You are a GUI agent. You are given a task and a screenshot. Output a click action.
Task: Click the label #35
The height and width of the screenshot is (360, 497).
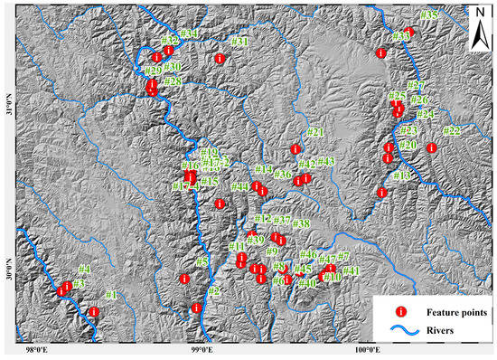point(428,15)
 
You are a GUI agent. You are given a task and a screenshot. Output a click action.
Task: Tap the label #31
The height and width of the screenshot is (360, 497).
point(239,43)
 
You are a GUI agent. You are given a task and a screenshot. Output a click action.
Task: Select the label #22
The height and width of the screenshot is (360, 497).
point(451,131)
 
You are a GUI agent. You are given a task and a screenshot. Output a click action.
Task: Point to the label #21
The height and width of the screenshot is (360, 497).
point(315,133)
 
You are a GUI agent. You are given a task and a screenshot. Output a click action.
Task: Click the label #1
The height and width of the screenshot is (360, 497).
point(111,295)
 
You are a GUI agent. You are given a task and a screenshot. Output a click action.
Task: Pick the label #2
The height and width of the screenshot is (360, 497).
point(214,290)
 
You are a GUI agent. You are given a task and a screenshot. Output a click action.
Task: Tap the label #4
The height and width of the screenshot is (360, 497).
point(84,269)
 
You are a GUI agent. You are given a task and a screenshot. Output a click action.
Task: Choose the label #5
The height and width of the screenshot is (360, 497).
point(202,261)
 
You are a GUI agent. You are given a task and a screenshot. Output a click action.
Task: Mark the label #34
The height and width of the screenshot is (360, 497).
point(189,34)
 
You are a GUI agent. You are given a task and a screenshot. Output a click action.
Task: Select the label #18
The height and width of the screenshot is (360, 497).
point(402,175)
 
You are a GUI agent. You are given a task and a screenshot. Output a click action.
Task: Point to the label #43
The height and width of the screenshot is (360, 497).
point(326,162)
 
